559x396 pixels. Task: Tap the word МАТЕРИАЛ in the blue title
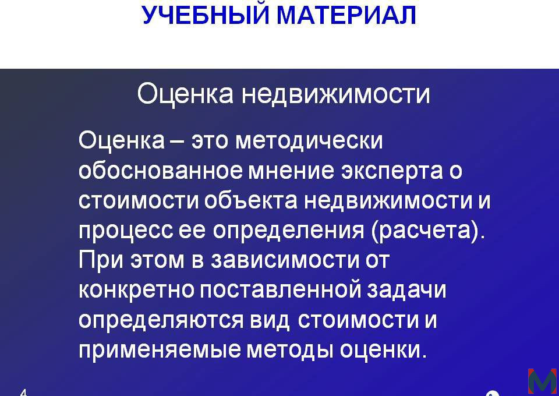(x=346, y=15)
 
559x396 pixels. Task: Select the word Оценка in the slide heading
(x=185, y=94)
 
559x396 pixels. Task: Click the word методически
(x=309, y=140)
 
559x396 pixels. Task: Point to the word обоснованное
(x=160, y=171)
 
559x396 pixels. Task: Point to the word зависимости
(x=285, y=260)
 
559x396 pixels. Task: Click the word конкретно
(x=136, y=291)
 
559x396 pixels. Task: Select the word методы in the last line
(x=289, y=351)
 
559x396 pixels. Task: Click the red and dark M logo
(x=542, y=381)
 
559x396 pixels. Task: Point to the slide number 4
(x=23, y=393)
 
